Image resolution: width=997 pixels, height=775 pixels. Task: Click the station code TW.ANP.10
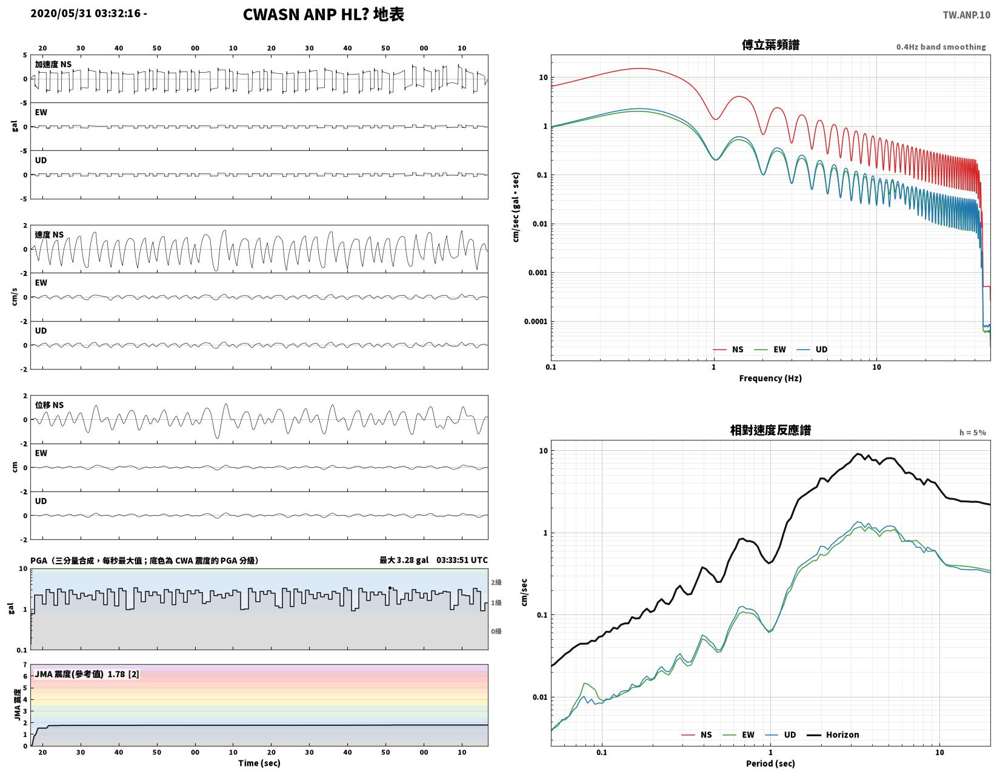[x=966, y=15]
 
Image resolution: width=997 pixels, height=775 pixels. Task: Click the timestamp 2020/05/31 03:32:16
[x=85, y=13]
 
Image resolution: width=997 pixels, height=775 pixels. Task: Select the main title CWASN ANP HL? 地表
[x=323, y=14]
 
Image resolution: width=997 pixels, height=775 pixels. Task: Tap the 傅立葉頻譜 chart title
[x=770, y=45]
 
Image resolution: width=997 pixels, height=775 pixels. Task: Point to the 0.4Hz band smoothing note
[x=941, y=47]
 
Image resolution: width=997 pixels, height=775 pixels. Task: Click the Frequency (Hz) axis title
[x=770, y=378]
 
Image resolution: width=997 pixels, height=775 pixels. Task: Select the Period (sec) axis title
[x=770, y=763]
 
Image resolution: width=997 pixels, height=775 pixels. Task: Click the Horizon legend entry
[x=833, y=734]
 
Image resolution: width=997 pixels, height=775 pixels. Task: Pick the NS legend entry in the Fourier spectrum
[x=728, y=349]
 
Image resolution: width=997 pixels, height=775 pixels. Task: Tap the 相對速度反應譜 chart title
[x=770, y=430]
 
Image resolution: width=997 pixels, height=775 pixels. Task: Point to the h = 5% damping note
[x=972, y=433]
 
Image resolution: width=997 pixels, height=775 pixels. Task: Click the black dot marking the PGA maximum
[x=390, y=587]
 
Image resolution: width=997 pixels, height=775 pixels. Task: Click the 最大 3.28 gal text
[x=404, y=560]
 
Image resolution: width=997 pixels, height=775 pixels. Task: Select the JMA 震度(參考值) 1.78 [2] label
[x=87, y=674]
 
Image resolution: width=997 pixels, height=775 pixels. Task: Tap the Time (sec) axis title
[x=259, y=763]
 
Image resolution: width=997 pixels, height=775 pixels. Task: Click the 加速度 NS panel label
[x=53, y=64]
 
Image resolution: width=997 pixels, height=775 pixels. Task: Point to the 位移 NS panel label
[x=49, y=405]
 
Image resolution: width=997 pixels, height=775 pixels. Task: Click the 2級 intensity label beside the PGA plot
[x=496, y=582]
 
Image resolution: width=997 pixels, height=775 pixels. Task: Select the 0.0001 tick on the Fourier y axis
[x=535, y=322]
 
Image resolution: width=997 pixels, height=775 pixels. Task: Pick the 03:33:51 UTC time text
[x=462, y=560]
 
